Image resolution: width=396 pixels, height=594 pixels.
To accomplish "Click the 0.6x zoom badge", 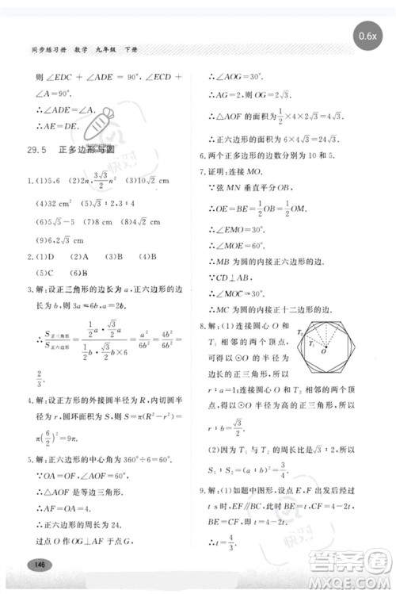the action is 366,36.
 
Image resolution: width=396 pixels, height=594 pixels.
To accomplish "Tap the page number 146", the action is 36,564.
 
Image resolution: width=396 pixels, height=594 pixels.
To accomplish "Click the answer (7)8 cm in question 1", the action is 99,222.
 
